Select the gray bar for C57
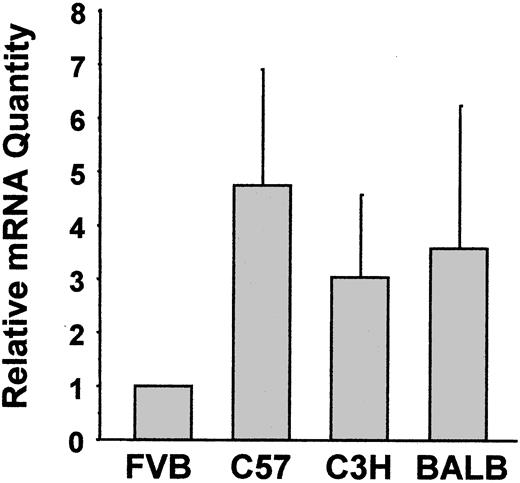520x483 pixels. pyautogui.click(x=261, y=312)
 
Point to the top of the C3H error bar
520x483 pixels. pyautogui.click(x=359, y=195)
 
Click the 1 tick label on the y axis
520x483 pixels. pyautogui.click(x=78, y=386)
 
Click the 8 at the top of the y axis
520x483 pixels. pyautogui.click(x=78, y=15)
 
